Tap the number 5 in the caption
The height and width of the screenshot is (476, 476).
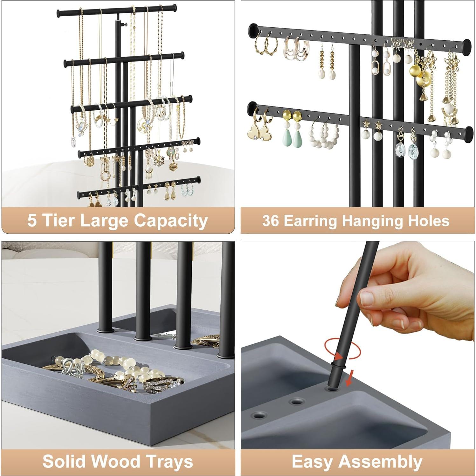click(32, 220)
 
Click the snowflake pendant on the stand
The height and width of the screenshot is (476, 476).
click(159, 161)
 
